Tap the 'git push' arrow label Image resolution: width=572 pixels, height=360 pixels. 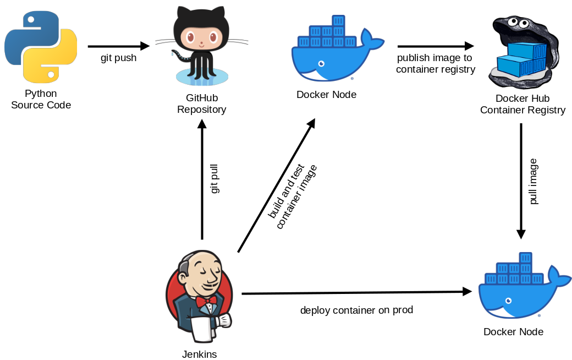click(x=118, y=58)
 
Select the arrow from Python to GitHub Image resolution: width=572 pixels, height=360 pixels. click(x=118, y=46)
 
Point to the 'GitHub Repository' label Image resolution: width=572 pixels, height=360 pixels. click(x=201, y=103)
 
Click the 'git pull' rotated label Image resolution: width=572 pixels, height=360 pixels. click(x=215, y=177)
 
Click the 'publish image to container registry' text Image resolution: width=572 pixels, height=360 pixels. click(x=435, y=63)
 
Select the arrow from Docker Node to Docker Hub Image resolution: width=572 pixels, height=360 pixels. click(x=435, y=46)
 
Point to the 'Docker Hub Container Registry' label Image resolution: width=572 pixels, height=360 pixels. click(x=522, y=105)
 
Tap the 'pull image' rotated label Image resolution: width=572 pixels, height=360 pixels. click(x=533, y=182)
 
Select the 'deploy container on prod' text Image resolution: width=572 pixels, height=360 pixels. click(x=356, y=310)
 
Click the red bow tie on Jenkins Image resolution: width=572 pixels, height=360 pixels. click(x=206, y=301)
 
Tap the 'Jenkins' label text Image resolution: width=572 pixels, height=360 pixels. click(x=200, y=354)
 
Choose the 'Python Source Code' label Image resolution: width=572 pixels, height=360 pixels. click(x=41, y=100)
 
